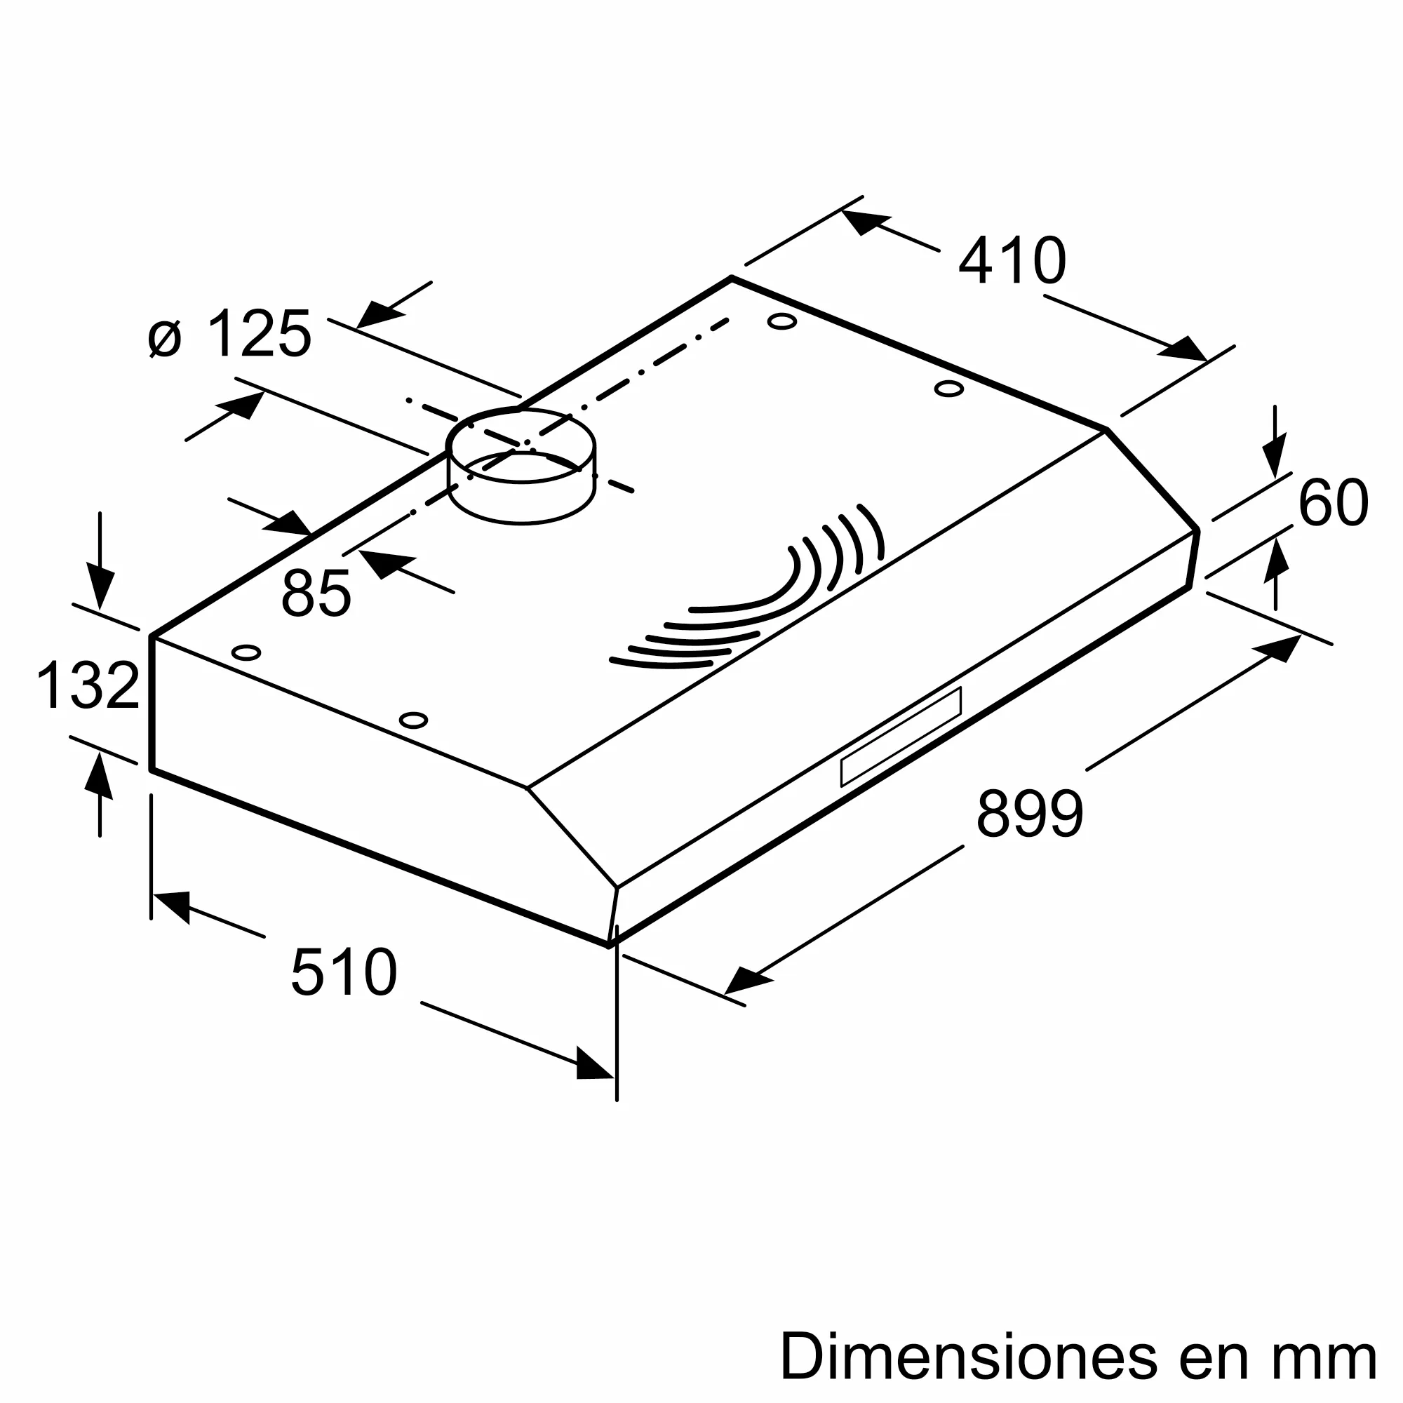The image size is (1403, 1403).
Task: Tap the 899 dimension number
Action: (x=1029, y=813)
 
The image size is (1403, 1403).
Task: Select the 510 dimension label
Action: (x=344, y=972)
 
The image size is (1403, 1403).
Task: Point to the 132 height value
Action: (x=87, y=685)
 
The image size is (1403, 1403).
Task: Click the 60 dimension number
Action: (x=1333, y=502)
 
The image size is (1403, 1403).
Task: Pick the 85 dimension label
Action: (x=316, y=593)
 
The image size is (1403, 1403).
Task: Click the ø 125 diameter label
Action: (x=229, y=334)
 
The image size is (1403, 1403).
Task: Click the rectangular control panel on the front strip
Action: (x=901, y=737)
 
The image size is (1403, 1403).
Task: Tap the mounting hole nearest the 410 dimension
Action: (x=781, y=321)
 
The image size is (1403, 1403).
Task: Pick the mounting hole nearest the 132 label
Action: (x=246, y=652)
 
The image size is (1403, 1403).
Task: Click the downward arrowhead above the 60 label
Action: (x=1274, y=456)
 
